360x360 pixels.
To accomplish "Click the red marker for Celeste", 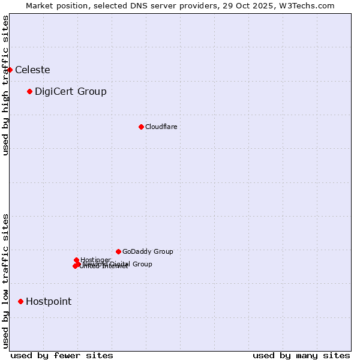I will pyautogui.click(x=10, y=70).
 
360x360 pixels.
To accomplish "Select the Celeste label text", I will pyautogui.click(x=32, y=70).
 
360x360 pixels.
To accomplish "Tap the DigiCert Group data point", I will pyautogui.click(x=29, y=91).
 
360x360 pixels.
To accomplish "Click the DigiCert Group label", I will pyautogui.click(x=71, y=91).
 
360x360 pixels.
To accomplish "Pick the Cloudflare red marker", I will pyautogui.click(x=141, y=127).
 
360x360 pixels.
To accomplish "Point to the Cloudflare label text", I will pyautogui.click(x=161, y=127).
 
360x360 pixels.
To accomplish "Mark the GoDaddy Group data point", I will pyautogui.click(x=118, y=251).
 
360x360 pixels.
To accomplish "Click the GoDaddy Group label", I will pyautogui.click(x=148, y=251).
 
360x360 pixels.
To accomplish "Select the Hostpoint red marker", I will pyautogui.click(x=20, y=301).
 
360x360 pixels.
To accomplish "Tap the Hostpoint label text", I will pyautogui.click(x=49, y=301).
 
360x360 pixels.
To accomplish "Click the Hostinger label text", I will pyautogui.click(x=95, y=260).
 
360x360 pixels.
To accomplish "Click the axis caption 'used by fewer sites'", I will pyautogui.click(x=62, y=355).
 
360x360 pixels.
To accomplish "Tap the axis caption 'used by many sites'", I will pyautogui.click(x=301, y=355).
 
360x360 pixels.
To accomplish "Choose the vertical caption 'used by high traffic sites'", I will pyautogui.click(x=5, y=85).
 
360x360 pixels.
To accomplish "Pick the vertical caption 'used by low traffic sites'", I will pyautogui.click(x=5, y=280).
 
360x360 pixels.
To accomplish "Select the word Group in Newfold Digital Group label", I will pyautogui.click(x=142, y=264).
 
